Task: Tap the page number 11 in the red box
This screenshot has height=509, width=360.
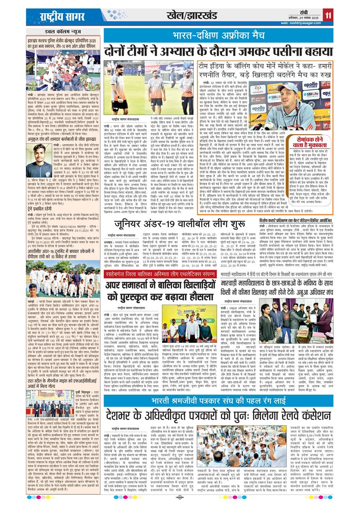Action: tap(328, 16)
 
